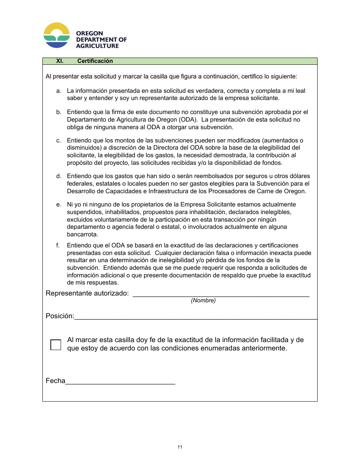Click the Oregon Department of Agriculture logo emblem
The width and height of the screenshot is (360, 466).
[57, 35]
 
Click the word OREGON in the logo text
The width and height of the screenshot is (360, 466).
[89, 33]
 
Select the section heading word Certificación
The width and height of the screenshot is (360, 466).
[95, 61]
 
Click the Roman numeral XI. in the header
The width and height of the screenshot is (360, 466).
[60, 61]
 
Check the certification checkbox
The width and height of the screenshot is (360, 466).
[56, 344]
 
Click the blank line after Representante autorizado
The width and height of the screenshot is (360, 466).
[221, 294]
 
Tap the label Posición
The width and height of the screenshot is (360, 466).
[60, 316]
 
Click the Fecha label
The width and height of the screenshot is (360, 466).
[55, 381]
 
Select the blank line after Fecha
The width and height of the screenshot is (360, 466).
[120, 382]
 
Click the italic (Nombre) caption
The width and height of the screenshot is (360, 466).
[203, 300]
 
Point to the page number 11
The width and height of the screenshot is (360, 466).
[180, 447]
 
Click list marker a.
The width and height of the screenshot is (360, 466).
[59, 91]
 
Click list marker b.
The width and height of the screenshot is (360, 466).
[59, 112]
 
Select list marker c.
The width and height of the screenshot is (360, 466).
[59, 141]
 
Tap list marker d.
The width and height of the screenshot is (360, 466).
[59, 176]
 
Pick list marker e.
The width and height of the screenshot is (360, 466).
[59, 205]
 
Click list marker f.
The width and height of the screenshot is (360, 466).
[58, 246]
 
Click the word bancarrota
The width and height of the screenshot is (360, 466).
[82, 235]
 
